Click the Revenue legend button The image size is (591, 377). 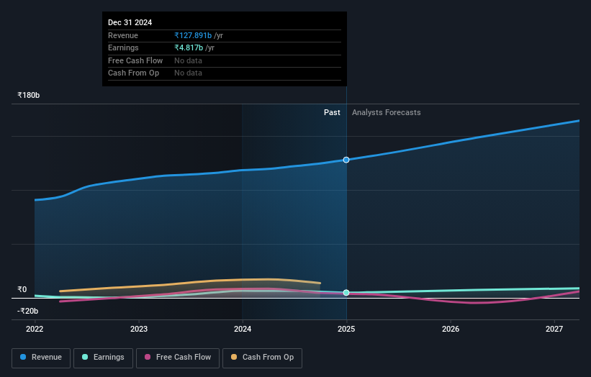coord(41,358)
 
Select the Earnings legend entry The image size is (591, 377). coord(103,358)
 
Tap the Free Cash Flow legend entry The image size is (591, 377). coord(178,358)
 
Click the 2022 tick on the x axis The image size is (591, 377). coord(35,329)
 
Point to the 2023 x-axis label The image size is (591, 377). coord(139,329)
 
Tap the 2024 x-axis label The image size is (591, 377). coord(243,329)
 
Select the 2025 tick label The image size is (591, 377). coord(346,329)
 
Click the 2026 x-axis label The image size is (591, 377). coord(451,329)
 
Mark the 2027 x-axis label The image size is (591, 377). coord(554,329)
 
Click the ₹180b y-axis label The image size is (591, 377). coord(29,95)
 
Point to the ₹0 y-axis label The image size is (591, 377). coord(22,289)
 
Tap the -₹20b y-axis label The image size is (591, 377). coord(29,311)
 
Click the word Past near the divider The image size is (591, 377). coord(332,112)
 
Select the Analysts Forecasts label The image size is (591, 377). coord(386,112)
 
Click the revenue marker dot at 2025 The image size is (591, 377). coord(346,160)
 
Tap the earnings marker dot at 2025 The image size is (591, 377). coord(346,293)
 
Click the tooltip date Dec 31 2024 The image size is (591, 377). coord(130,23)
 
